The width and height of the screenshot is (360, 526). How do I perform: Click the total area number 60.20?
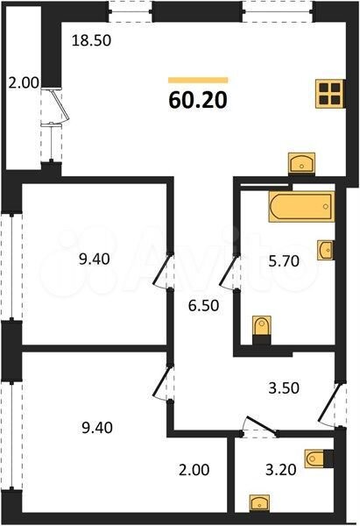point(198,100)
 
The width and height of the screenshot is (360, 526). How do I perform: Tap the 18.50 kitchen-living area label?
point(91,40)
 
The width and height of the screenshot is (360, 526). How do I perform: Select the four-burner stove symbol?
point(330,94)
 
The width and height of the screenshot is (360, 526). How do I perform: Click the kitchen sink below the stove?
point(301,163)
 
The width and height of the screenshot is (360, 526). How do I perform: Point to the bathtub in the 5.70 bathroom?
point(301,206)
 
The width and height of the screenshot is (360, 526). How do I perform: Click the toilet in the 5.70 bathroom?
point(261,329)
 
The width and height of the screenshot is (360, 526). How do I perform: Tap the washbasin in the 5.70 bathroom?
point(326,250)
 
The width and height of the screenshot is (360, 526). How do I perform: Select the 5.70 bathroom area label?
point(284,261)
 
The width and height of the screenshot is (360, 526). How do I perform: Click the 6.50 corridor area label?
point(203,306)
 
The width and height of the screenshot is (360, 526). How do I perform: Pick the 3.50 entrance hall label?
point(284,388)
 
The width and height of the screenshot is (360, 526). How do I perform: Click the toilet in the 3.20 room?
point(319,458)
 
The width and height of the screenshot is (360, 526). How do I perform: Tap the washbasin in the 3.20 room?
point(259,503)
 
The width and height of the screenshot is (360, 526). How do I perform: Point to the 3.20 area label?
point(281,470)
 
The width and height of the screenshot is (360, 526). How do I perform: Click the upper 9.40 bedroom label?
point(95,259)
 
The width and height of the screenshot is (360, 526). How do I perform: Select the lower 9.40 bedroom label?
point(97,428)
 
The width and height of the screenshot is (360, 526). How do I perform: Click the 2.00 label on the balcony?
point(24,83)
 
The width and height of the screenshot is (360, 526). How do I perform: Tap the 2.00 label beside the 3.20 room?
point(194,470)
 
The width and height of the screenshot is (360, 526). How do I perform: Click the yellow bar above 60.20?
point(198,80)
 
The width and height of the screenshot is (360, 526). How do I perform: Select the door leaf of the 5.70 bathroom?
point(229,271)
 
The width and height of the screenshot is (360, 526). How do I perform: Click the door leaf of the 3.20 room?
point(262,426)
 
